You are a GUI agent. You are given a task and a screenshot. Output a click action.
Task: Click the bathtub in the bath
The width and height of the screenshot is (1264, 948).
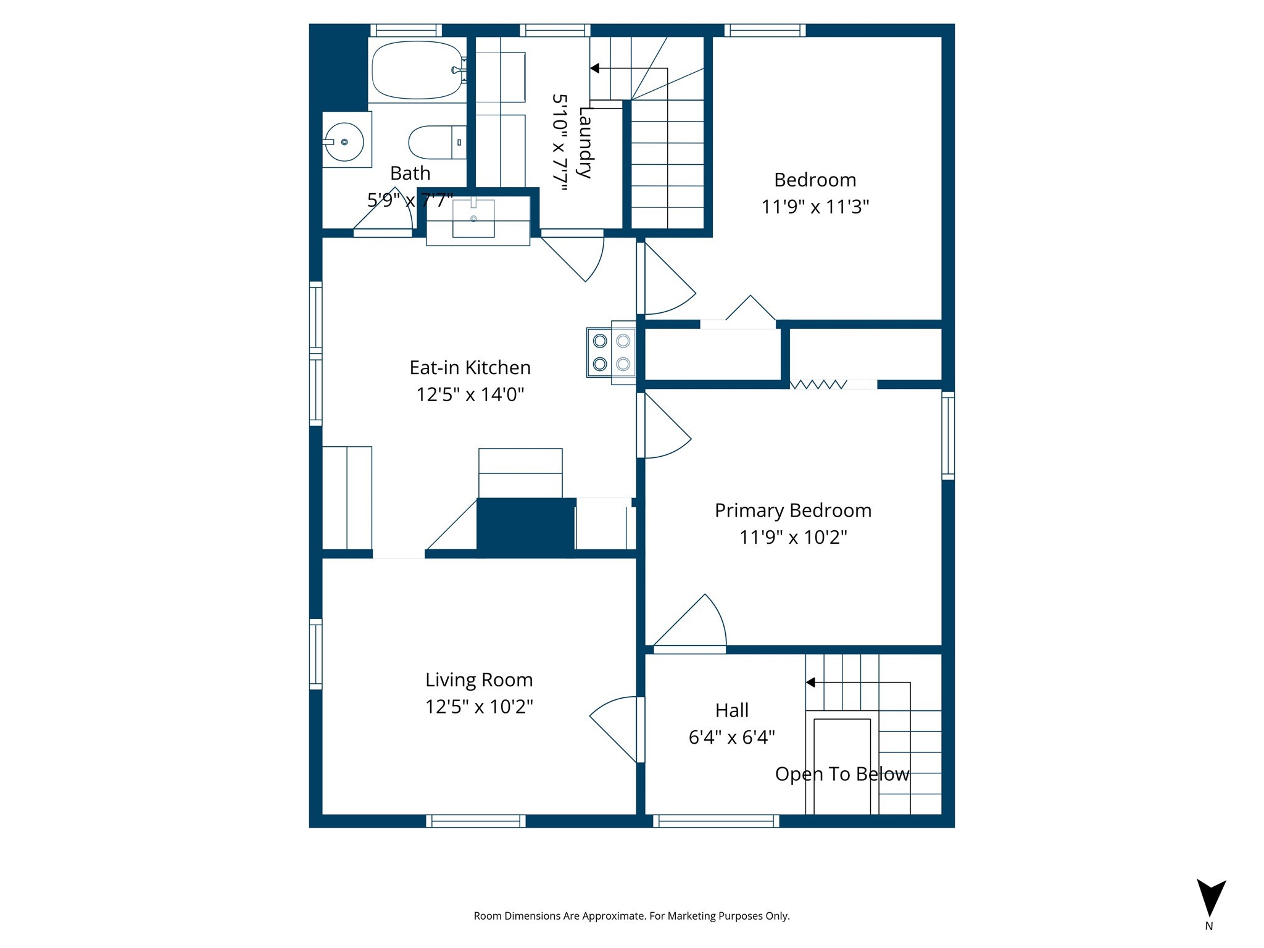(417, 70)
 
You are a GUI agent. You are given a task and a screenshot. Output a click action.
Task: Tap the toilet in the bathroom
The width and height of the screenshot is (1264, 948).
(436, 142)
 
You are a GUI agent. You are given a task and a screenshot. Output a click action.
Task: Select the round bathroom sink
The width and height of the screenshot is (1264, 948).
(344, 142)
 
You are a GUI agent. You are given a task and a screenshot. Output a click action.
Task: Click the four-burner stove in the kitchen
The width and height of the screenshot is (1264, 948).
(611, 352)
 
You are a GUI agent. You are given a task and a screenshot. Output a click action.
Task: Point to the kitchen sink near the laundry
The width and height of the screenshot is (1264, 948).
(473, 218)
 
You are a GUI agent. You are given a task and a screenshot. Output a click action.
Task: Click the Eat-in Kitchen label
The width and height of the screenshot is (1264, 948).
(470, 368)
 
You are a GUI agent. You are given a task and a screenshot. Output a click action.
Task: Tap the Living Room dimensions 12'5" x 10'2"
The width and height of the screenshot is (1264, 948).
(479, 707)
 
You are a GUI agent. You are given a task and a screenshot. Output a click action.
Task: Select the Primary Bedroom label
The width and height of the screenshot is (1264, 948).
(792, 511)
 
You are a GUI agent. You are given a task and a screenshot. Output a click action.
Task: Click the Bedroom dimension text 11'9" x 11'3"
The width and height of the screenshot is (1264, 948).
(815, 207)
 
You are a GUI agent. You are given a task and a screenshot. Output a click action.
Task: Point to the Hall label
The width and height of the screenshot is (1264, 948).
(732, 710)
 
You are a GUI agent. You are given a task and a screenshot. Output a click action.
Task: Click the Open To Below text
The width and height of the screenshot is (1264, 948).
(842, 774)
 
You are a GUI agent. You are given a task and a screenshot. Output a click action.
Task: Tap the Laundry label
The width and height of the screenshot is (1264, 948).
(585, 143)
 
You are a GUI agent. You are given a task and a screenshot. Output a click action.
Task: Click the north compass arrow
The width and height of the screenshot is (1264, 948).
(1211, 898)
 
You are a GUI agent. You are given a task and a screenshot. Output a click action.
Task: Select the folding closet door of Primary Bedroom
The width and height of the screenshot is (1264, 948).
(818, 385)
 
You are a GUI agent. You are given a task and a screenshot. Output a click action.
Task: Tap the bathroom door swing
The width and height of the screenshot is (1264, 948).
(386, 213)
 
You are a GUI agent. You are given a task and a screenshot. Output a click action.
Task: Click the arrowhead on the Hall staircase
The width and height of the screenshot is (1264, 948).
(811, 683)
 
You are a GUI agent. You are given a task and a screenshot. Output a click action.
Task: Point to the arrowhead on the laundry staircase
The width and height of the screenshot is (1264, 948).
(595, 69)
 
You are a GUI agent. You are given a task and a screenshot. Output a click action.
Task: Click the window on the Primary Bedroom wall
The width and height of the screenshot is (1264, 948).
(948, 436)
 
